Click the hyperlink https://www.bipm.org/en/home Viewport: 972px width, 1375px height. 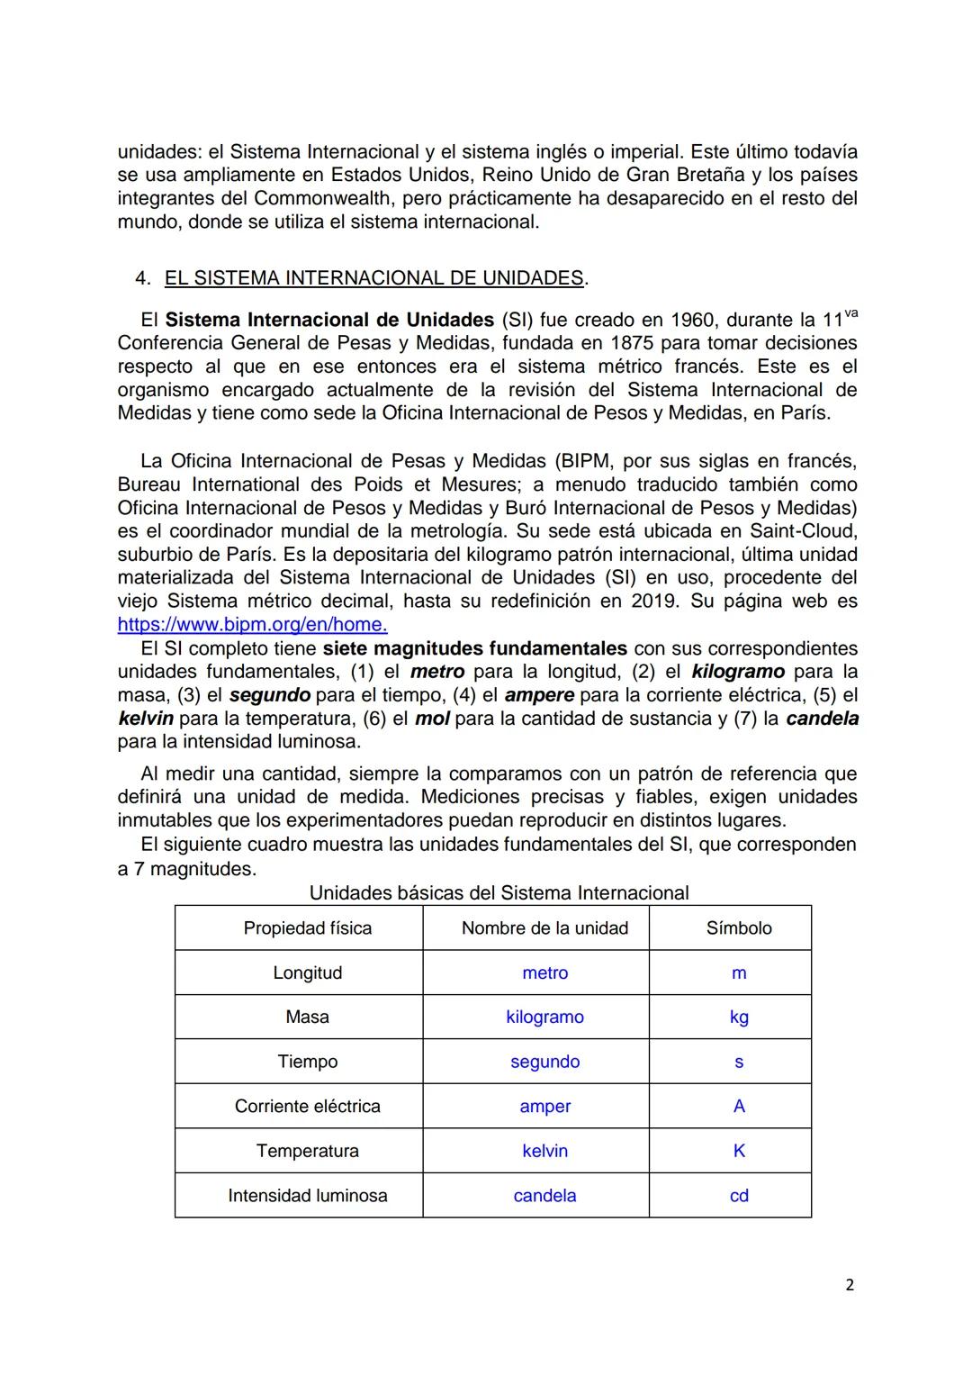point(252,625)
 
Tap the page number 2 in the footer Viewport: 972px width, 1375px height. point(850,1285)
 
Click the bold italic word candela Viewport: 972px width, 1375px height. point(822,719)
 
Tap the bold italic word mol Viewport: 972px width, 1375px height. point(432,719)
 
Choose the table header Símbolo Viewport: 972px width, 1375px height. point(738,928)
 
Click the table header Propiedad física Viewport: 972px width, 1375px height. point(307,928)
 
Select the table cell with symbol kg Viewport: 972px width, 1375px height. point(738,1018)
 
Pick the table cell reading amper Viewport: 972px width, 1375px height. point(544,1107)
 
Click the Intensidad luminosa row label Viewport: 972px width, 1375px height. point(307,1196)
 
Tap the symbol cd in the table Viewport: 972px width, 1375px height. point(738,1196)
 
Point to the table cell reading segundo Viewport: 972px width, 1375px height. point(544,1062)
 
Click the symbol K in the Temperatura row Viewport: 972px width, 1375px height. point(738,1152)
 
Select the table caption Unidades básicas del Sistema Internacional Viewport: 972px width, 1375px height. point(499,893)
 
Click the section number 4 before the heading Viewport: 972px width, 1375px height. point(141,279)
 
